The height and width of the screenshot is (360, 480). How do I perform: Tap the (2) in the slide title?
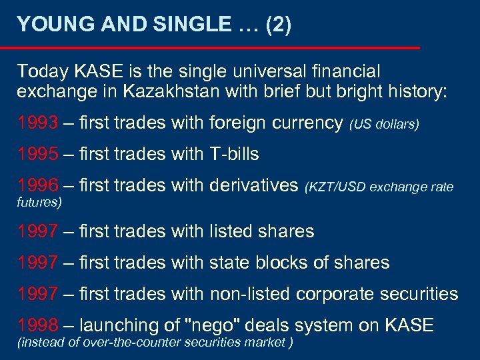(278, 25)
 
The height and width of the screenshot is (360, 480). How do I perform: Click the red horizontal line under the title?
(210, 48)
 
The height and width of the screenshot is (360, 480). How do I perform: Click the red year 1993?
(38, 123)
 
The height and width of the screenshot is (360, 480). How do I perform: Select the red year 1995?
(38, 155)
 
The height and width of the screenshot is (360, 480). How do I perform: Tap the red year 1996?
(38, 185)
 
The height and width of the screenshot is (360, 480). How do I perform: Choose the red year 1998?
(38, 325)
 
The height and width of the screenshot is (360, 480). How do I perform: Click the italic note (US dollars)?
(384, 125)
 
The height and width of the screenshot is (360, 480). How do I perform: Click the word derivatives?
(254, 185)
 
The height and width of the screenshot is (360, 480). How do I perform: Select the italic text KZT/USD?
(336, 187)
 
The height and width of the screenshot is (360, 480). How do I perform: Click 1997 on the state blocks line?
(38, 263)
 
